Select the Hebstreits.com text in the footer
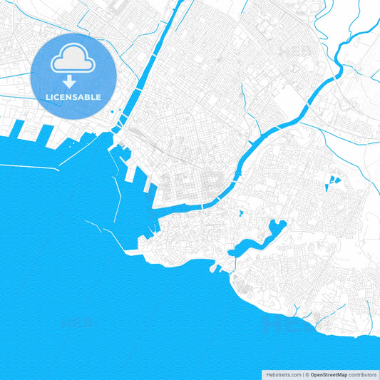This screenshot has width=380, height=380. pos(283,374)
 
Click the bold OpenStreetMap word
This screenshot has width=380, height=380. pos(328,374)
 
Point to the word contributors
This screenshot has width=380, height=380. pos(362,374)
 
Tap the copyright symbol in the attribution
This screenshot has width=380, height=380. pos(307,374)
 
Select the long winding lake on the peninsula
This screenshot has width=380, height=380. pos(264,237)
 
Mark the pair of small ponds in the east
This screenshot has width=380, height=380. pos(331,181)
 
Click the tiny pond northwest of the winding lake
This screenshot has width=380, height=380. pos(242,212)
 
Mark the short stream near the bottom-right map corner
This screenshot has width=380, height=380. pos(368,308)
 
